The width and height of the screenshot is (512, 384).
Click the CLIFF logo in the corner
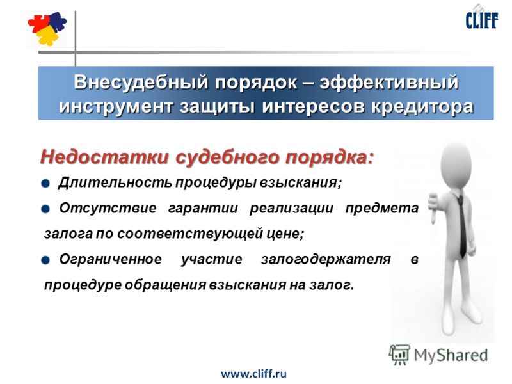click(x=482, y=19)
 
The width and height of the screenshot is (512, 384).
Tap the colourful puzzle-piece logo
click(x=47, y=28)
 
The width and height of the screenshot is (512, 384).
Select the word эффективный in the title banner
click(x=389, y=82)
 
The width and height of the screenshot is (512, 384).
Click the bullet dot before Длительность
click(x=45, y=183)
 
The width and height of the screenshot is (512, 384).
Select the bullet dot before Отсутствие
click(x=45, y=209)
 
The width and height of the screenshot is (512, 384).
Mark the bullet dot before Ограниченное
click(x=45, y=260)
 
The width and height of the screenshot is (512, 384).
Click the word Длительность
click(x=115, y=182)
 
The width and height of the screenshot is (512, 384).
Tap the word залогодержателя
click(x=326, y=260)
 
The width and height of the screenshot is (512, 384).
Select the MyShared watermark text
click(x=451, y=355)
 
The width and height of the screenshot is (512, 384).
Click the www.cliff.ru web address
click(x=253, y=373)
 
